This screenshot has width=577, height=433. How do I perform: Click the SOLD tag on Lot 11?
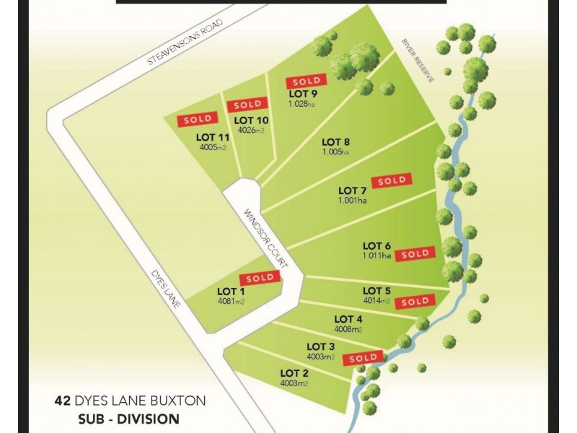[x=198, y=118]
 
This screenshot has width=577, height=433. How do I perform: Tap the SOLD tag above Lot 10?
[x=247, y=105]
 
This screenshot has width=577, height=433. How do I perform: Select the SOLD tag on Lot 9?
[x=307, y=82]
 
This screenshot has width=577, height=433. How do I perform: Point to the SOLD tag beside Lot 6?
[x=415, y=253]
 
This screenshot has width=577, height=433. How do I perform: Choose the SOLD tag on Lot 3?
[x=364, y=358]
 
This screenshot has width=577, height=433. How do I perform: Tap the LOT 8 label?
[x=336, y=141]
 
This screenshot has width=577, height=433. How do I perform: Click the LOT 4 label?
[x=348, y=320]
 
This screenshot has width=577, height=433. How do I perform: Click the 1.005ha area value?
[x=335, y=152]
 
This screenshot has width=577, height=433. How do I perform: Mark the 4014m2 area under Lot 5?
[x=376, y=301]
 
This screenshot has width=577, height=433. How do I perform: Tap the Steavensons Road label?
[x=185, y=44]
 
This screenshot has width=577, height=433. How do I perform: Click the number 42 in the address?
[x=63, y=399]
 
